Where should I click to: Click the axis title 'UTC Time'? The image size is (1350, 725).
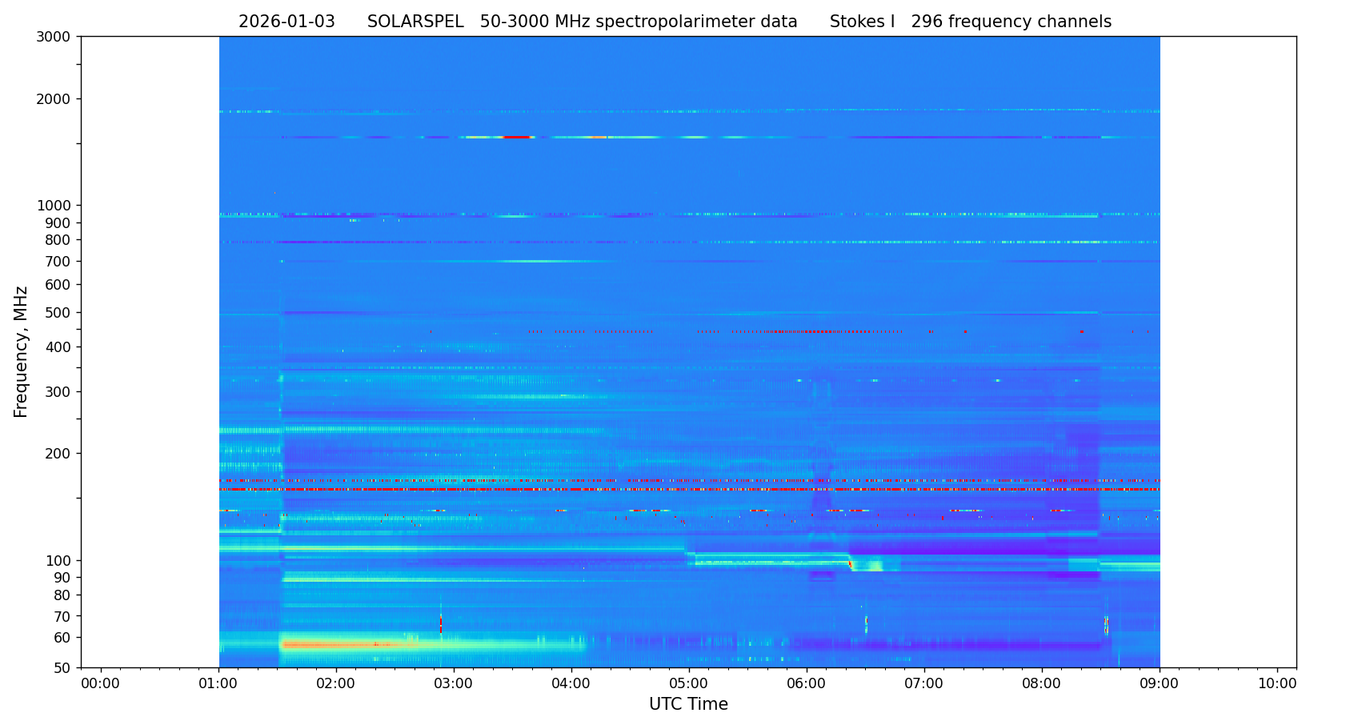click(688, 705)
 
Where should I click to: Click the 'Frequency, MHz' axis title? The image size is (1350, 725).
click(22, 352)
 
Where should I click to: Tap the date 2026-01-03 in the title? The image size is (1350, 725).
click(286, 22)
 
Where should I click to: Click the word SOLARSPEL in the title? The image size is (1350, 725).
click(415, 22)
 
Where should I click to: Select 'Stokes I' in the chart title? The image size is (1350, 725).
click(862, 22)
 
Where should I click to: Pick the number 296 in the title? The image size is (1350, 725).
click(927, 22)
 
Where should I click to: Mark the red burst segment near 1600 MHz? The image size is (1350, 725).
click(517, 138)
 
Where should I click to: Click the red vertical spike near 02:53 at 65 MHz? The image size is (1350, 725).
click(440, 623)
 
